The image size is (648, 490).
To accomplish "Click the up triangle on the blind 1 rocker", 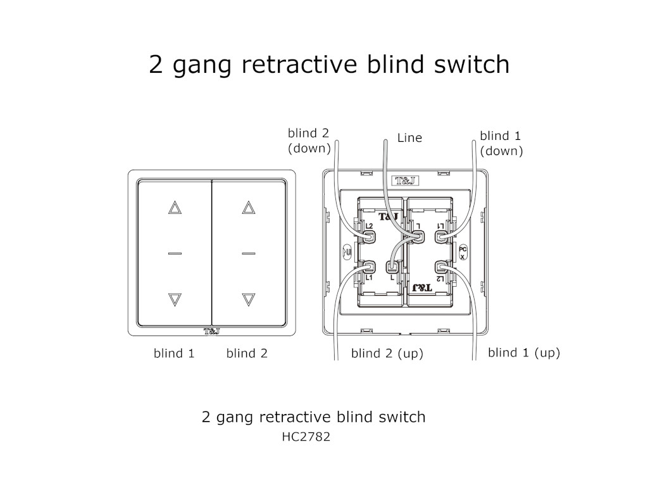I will [175, 208].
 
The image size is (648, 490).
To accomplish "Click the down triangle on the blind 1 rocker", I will [175, 299].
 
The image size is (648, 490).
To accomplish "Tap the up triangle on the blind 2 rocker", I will [248, 208].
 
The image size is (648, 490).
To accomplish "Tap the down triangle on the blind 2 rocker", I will [248, 299].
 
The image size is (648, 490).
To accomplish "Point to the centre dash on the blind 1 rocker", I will [175, 253].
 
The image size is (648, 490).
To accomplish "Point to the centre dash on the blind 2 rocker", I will [248, 253].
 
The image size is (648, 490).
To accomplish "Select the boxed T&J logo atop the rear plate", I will [405, 180].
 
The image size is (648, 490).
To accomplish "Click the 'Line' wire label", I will [409, 137].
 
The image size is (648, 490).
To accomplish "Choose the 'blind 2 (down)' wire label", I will [309, 141].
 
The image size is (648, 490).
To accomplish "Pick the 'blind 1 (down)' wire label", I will [501, 143].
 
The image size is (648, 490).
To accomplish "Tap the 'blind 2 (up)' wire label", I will [387, 354].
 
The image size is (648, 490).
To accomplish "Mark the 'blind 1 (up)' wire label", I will [524, 353].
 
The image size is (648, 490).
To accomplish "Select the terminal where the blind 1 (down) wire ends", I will [442, 236].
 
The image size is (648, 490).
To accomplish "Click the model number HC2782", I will [306, 437].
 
